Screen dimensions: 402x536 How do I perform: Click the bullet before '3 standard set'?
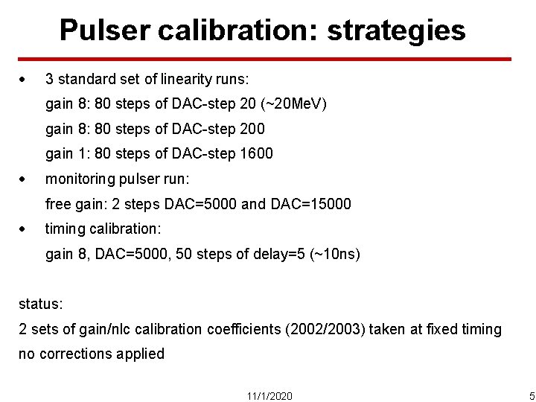tap(24, 78)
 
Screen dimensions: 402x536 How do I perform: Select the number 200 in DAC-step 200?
tap(252, 129)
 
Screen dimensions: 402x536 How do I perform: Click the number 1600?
tap(256, 154)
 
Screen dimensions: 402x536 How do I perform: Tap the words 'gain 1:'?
tap(68, 154)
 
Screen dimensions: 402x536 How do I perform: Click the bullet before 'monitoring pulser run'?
tap(24, 179)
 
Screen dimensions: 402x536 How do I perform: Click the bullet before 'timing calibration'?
tap(24, 229)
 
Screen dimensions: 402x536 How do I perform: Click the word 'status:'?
tap(41, 304)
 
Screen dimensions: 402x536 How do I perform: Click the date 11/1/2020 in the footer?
tap(269, 395)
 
